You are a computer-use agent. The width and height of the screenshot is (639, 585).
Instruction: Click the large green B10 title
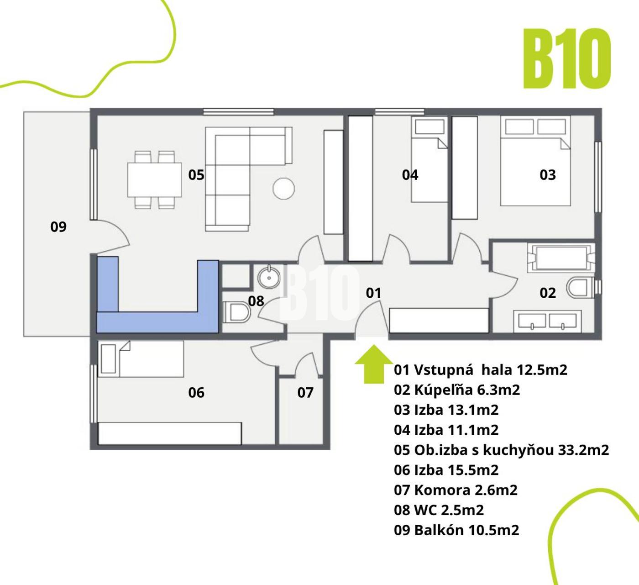point(567,58)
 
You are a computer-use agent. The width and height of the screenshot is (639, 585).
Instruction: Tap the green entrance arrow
point(374,364)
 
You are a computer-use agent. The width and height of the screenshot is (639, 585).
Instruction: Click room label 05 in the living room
point(196,175)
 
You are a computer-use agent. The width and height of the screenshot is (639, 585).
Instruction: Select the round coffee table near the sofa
point(283,188)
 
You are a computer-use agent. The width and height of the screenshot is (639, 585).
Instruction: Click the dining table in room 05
point(154,179)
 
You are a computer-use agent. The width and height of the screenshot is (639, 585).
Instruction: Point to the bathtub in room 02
point(561,258)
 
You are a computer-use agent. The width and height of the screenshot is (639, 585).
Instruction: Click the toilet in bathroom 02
point(581,287)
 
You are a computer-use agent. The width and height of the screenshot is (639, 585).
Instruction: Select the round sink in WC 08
point(269,277)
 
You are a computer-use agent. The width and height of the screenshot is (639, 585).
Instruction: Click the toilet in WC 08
point(236,312)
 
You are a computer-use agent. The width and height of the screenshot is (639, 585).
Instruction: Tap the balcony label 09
point(58,227)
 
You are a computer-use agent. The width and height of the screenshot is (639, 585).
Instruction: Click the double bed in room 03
point(535,161)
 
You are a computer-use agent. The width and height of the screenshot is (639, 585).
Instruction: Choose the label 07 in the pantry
point(305,392)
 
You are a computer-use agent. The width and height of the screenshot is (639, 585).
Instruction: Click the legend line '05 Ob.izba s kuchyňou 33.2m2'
point(501,450)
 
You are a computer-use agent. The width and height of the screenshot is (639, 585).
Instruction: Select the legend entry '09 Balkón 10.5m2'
point(456,530)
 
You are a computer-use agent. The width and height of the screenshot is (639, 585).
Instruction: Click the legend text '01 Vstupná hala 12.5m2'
point(480,370)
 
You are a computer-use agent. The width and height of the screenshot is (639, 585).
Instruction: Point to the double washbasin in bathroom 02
point(547,321)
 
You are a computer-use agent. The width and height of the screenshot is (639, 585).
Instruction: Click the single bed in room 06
point(141,359)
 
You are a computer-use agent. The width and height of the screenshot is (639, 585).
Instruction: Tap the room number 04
point(410,175)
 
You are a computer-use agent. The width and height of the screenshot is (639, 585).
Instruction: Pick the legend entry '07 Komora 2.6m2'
point(456,490)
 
